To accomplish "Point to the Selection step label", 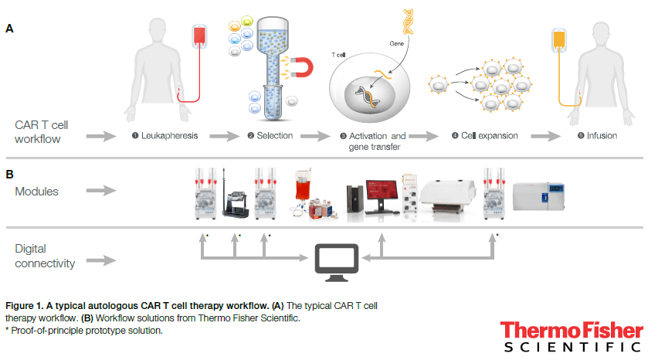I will (x=273, y=136).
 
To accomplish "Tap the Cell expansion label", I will (x=488, y=136).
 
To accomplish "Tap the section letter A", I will (x=9, y=29).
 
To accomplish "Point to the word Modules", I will (x=38, y=190).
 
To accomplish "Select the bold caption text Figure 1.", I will (x=22, y=307).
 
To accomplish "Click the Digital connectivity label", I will (x=45, y=256).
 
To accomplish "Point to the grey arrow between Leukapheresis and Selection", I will (x=222, y=136).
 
